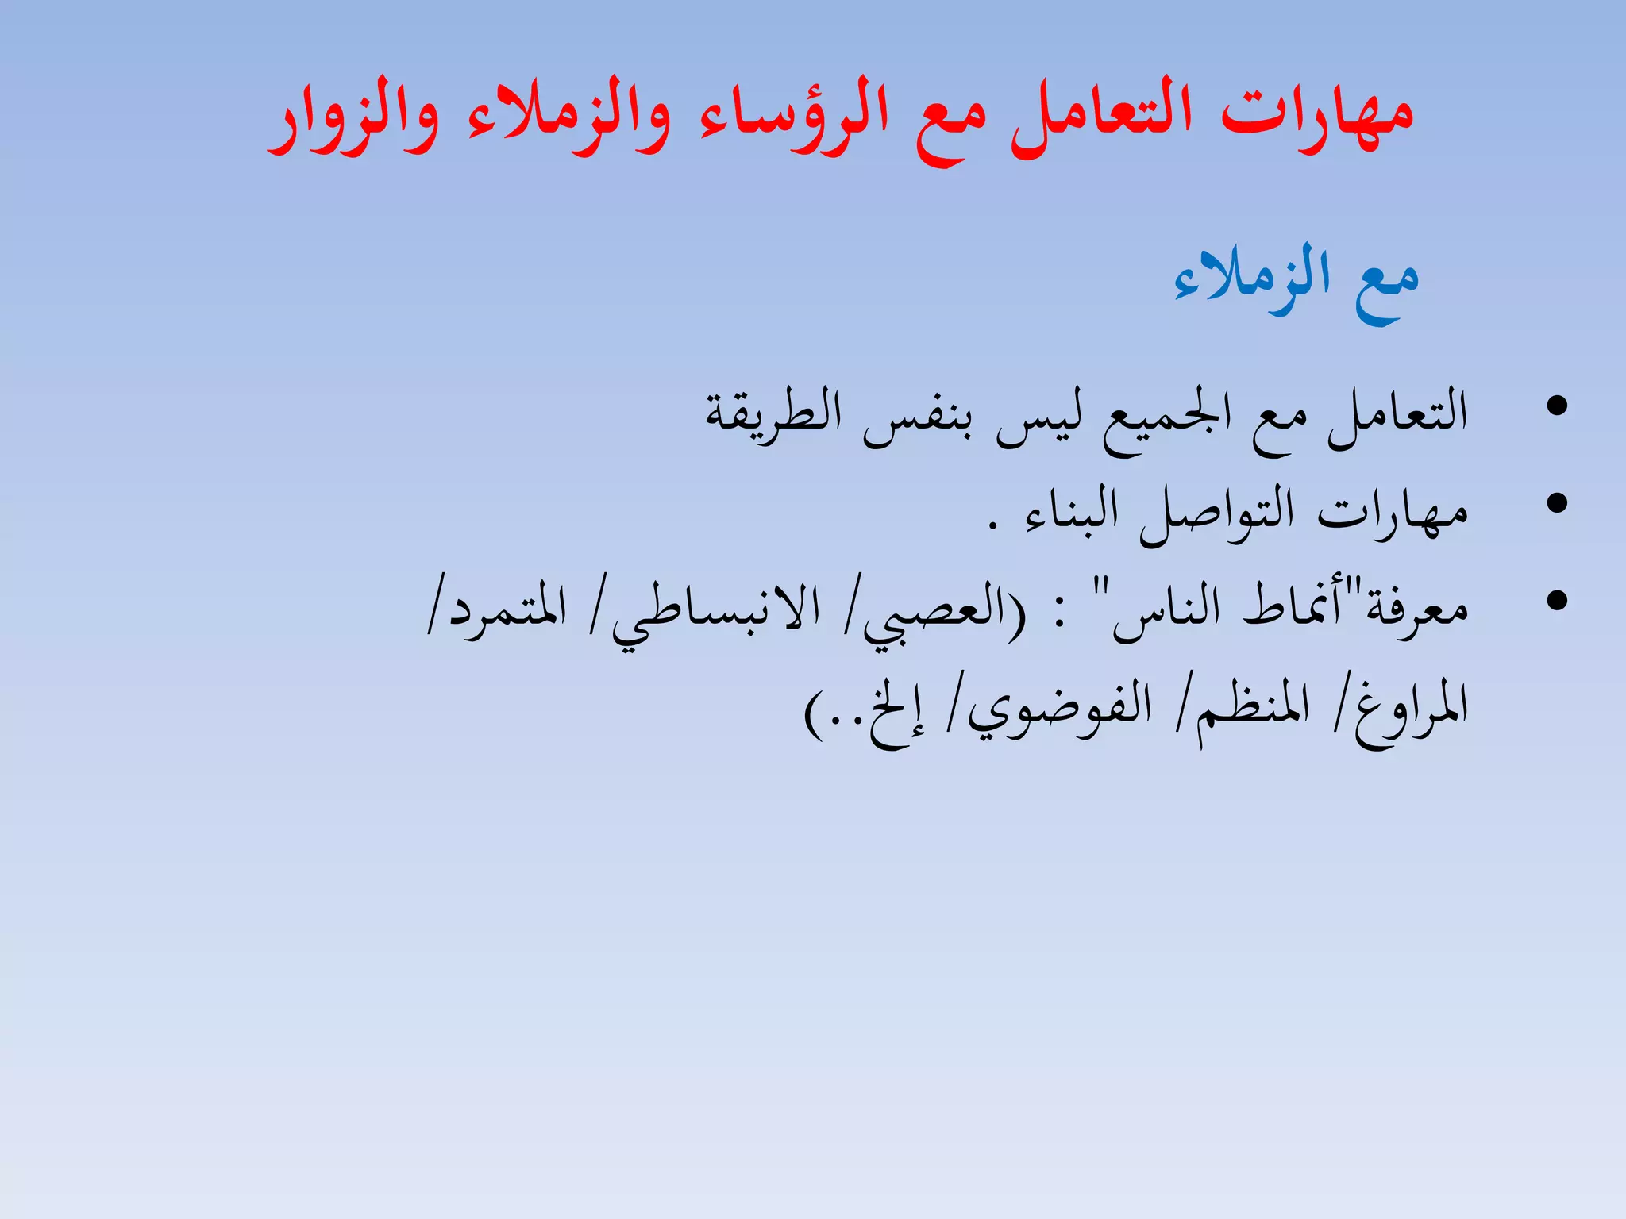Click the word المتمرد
[508, 611]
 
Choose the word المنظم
[1254, 706]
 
